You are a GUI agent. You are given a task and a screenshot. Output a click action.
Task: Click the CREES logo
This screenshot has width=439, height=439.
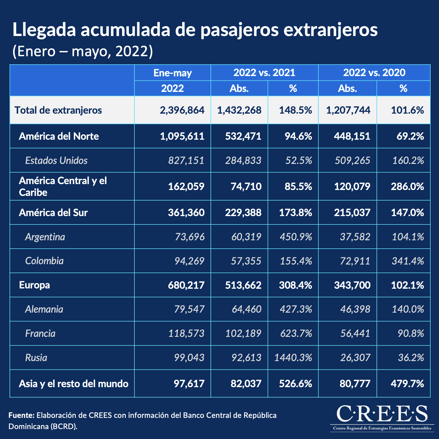point(382,418)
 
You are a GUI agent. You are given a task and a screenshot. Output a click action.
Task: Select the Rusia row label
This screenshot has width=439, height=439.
point(36,358)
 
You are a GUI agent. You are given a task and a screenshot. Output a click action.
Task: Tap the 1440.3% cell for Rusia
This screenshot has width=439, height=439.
point(293,358)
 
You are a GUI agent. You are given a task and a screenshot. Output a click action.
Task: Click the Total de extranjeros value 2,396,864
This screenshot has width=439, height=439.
point(182,110)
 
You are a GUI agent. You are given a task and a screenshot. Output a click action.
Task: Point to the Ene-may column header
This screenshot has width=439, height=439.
point(173,73)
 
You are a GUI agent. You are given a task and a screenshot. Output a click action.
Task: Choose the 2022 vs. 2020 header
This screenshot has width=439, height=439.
point(374,73)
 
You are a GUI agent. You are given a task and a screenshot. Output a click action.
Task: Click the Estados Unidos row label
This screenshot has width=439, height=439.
point(56,161)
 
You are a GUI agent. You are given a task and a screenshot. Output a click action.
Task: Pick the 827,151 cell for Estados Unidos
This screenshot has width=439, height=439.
point(186,161)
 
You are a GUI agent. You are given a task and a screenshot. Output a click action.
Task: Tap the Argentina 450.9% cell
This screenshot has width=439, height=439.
point(296,237)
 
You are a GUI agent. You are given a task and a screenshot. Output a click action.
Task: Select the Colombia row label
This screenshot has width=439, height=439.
point(44,261)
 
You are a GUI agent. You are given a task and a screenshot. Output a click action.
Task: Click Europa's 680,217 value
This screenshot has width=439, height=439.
point(186,285)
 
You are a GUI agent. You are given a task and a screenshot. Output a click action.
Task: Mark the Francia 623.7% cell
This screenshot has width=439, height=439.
point(296,333)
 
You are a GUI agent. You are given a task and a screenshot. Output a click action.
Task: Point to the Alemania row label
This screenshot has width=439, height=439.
point(44,309)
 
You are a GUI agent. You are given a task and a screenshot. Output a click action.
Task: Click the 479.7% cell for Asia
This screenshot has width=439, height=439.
point(407,384)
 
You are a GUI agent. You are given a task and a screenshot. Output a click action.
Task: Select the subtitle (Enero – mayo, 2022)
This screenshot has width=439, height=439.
point(83,51)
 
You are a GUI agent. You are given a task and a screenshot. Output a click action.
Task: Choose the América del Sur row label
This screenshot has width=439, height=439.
point(53,213)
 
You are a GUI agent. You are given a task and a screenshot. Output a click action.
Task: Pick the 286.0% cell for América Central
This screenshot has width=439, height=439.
point(407,186)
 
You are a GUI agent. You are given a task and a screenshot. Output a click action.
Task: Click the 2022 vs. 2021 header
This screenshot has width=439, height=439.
point(264,73)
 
